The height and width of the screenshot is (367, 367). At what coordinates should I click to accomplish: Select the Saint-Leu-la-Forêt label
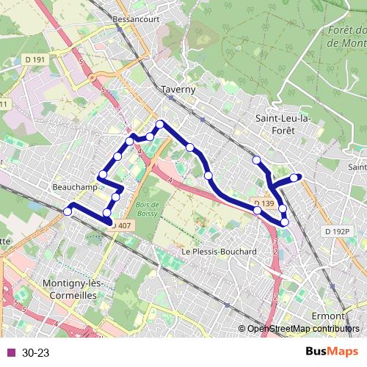click(x=283, y=124)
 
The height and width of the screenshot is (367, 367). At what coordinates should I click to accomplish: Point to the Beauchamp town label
click(x=76, y=188)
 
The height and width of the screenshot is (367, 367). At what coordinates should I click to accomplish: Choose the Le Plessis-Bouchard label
click(x=218, y=252)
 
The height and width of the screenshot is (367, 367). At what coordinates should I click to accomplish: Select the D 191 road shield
click(x=34, y=60)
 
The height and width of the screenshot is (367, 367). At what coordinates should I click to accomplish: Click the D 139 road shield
click(x=264, y=203)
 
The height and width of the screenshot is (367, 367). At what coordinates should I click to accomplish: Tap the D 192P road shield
click(x=337, y=231)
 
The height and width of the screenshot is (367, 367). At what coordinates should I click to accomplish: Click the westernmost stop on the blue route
click(x=68, y=211)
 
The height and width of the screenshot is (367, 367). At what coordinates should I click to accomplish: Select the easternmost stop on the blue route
click(x=295, y=177)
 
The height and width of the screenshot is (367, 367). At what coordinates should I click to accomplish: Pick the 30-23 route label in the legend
click(x=35, y=353)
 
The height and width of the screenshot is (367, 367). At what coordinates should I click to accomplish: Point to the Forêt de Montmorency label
click(x=347, y=36)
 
